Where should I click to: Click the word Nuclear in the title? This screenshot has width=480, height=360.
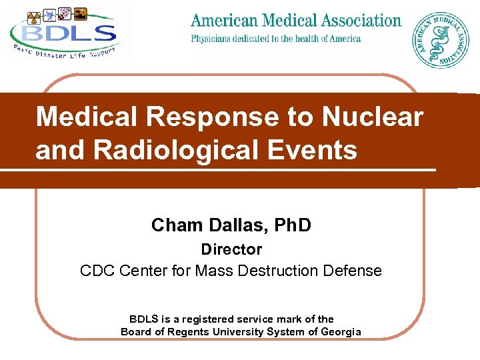(x=373, y=117)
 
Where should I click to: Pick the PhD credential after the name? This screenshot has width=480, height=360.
(x=289, y=225)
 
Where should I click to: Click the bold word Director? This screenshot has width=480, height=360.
(x=231, y=249)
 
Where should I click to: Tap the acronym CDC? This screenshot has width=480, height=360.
(x=97, y=271)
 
